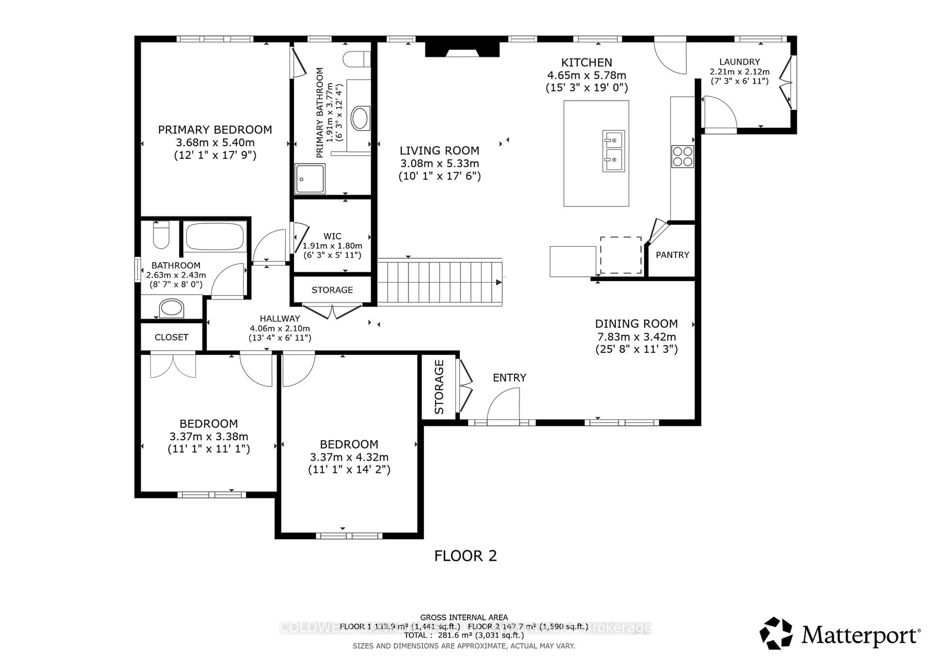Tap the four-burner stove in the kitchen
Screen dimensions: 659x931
click(x=682, y=156)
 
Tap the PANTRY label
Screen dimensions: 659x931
click(x=672, y=255)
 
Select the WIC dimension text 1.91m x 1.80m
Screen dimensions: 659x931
click(x=332, y=246)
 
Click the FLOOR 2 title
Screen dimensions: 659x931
click(x=465, y=556)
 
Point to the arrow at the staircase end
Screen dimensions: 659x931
click(x=498, y=282)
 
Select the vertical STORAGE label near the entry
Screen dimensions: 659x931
click(x=439, y=387)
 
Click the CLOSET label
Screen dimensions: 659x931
click(x=171, y=337)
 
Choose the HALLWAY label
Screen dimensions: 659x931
click(x=280, y=319)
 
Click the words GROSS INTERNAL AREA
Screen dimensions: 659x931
click(x=464, y=618)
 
